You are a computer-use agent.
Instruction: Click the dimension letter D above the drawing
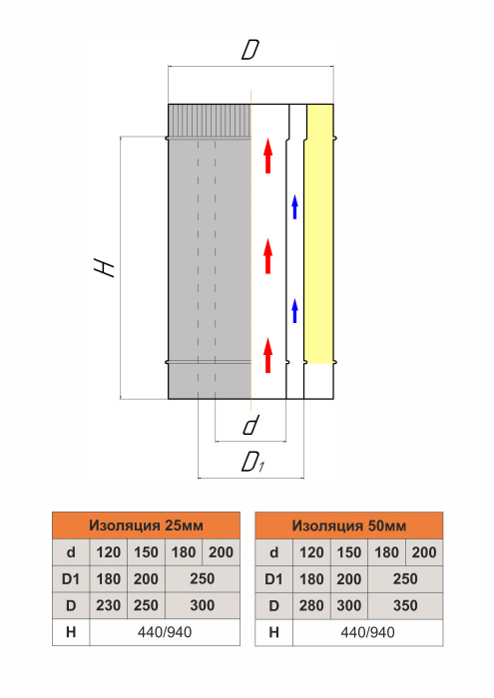[250, 50]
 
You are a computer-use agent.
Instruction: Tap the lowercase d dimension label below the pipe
[250, 425]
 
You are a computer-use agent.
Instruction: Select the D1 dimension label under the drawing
[253, 463]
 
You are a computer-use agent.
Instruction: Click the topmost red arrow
[267, 156]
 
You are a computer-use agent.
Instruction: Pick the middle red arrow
[267, 256]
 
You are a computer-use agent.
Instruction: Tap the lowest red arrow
[267, 355]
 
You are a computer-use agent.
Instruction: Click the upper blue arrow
[294, 207]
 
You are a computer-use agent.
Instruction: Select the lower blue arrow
[294, 311]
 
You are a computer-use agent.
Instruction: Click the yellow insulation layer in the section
[319, 233]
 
